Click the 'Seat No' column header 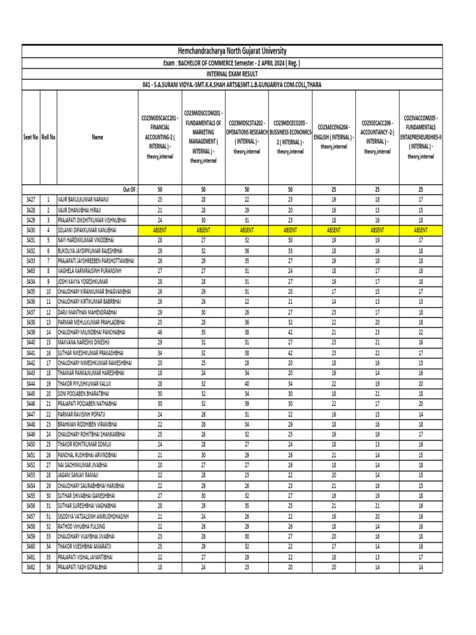(x=31, y=137)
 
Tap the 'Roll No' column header (x=48, y=137)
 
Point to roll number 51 (x=48, y=516)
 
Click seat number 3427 (x=31, y=199)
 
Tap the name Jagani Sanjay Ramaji (x=82, y=475)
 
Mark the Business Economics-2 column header (x=291, y=137)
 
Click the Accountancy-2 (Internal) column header (x=377, y=137)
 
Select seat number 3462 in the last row (x=31, y=567)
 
